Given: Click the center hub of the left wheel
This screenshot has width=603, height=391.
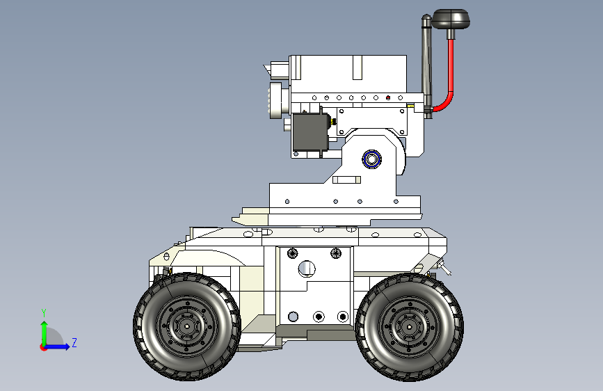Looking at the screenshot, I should pos(186,326).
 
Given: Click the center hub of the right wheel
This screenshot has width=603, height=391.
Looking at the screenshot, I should pos(408,326).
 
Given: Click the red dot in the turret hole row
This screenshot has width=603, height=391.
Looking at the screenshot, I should pos(388,98).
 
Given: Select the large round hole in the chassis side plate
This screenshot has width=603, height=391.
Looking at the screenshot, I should pos(306,268).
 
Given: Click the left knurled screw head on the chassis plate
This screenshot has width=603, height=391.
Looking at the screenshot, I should pos(292,251).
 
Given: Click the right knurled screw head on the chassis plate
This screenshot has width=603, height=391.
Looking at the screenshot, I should pos(336,251).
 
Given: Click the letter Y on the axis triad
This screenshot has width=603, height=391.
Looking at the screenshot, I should pos(43,312).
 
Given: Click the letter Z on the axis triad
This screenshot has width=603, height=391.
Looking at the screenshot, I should pos(74,342).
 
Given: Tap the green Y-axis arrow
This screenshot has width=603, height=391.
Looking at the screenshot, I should pos(44,330).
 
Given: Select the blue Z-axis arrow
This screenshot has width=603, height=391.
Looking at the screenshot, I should pos(59,346).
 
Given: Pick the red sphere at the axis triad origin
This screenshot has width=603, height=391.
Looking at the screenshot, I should pos(44,346).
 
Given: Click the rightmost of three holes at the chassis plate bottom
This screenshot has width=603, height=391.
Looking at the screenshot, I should pos(342,317).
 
